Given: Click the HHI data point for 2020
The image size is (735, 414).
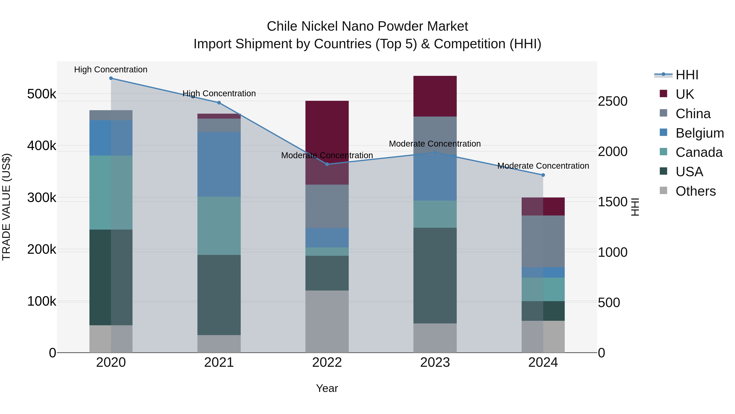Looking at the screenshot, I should [x=111, y=78].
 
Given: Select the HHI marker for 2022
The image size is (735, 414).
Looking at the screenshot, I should [x=327, y=164].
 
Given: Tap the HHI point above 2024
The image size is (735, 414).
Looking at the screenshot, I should [x=543, y=175].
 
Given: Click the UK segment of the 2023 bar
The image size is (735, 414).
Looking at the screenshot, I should [x=435, y=96].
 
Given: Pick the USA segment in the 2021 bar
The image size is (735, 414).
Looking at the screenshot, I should [x=219, y=295].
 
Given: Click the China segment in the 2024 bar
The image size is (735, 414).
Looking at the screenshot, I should [x=543, y=241].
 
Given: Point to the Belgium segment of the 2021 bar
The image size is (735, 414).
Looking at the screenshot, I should [x=219, y=164].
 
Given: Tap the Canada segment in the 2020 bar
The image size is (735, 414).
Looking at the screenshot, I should [x=111, y=193].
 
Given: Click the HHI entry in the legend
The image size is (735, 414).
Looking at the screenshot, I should [x=687, y=75].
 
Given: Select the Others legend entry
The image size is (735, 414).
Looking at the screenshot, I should [x=695, y=191].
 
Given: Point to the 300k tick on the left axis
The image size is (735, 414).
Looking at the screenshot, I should [x=42, y=198].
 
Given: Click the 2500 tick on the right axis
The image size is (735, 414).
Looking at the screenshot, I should [x=612, y=101].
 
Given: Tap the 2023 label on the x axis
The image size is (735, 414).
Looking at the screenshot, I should [x=435, y=362].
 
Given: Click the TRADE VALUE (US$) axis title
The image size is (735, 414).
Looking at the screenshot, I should [x=6, y=207].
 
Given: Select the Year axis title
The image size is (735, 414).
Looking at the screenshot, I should [x=327, y=388].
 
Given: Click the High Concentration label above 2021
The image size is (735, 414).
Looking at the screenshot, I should [x=219, y=93].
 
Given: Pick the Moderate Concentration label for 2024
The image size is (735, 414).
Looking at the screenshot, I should [x=543, y=166].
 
